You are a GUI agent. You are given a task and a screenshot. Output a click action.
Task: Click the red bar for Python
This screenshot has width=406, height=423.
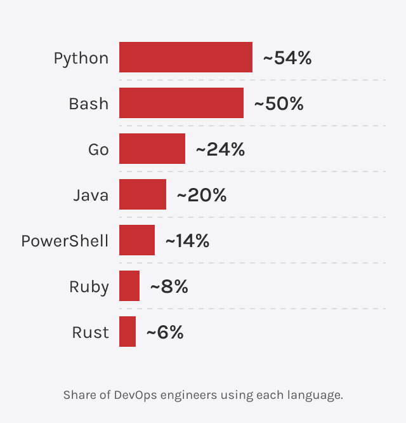pos(186,58)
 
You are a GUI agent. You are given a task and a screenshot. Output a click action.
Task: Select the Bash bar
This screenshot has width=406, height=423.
pos(181,104)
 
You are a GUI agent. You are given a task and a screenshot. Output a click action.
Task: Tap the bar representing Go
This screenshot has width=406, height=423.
pos(152,149)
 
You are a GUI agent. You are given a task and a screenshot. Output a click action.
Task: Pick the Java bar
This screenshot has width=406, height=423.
pos(143,195)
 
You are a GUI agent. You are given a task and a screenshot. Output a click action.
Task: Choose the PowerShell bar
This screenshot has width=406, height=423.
pos(137,241)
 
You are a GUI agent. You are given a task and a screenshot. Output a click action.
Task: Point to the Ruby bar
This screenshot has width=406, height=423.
pos(129,286)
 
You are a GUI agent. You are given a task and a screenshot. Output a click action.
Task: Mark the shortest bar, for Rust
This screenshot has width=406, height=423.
pos(128,332)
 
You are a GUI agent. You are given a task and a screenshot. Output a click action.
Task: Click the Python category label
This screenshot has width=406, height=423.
pos(81,58)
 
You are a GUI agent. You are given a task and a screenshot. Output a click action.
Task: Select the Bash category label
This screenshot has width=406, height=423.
pos(89,104)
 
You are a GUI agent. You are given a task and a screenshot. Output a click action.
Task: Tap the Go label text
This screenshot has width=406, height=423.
pos(98,150)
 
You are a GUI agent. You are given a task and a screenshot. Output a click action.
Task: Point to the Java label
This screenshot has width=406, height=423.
pos(91,196)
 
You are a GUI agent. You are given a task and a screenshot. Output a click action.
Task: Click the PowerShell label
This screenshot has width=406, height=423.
pos(65,241)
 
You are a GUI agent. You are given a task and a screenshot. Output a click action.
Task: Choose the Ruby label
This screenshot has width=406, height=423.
pos(89,287)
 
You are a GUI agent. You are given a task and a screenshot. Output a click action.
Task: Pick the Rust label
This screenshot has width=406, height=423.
pos(90,333)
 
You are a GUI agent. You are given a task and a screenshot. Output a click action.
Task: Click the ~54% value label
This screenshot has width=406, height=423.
pos(287,58)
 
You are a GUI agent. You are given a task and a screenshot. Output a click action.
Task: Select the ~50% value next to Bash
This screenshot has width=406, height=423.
pos(278,104)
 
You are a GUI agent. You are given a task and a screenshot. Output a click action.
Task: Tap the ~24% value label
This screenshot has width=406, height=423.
pos(220,150)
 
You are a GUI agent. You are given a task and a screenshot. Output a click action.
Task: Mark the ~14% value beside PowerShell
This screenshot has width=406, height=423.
pos(187,241)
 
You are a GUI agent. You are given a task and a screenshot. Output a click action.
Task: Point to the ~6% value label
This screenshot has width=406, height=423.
pos(165,333)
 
